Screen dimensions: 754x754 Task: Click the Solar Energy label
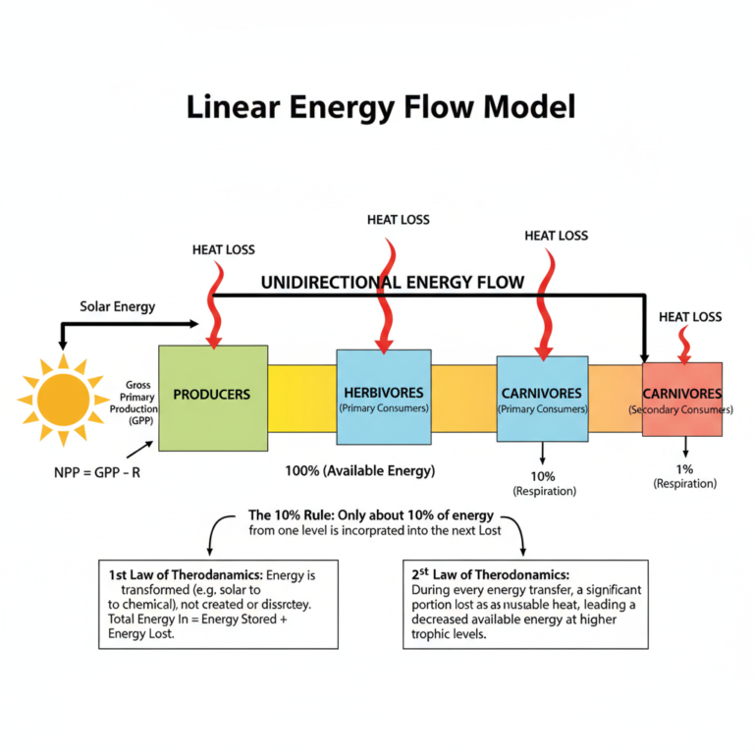[117, 306]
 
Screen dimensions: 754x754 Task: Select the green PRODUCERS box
[212, 397]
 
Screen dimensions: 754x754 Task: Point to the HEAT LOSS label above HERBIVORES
[398, 219]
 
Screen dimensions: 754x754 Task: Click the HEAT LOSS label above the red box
[689, 316]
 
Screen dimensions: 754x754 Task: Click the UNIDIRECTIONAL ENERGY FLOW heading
[392, 283]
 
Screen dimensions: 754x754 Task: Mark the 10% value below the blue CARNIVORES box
[542, 475]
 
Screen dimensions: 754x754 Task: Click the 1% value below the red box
[684, 468]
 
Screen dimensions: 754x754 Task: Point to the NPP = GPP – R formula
[97, 471]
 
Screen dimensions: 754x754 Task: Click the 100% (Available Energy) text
[358, 471]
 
